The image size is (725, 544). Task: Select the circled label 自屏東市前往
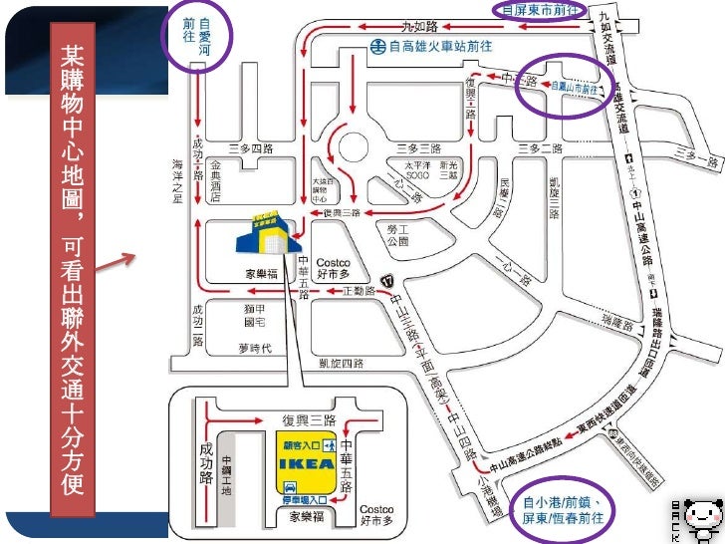pos(542,10)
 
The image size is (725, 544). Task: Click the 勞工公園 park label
pos(397,234)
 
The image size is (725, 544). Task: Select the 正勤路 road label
pos(358,291)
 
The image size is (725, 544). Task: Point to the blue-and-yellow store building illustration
pos(265,232)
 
